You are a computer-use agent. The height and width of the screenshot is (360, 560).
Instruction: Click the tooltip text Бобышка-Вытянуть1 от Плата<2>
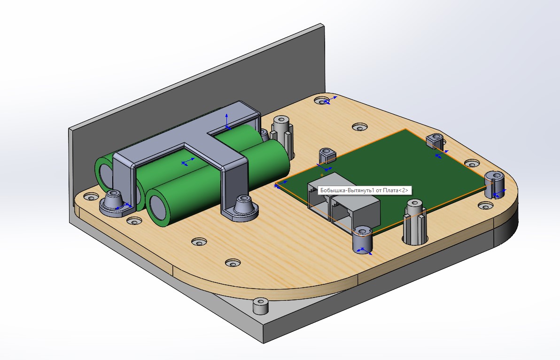click(364, 190)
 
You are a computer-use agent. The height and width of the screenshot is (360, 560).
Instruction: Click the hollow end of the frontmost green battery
click(157, 207)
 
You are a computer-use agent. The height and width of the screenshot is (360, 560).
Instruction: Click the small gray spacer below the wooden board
click(260, 306)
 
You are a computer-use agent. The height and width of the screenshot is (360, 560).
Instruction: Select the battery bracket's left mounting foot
click(114, 203)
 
